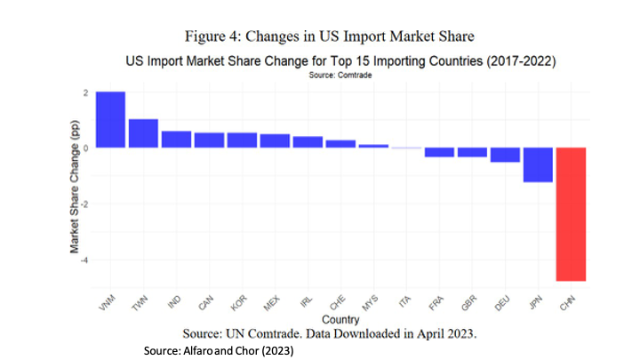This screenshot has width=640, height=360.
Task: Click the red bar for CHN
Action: (571, 213)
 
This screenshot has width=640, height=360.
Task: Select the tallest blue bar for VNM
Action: (110, 119)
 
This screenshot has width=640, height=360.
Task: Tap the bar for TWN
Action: (143, 133)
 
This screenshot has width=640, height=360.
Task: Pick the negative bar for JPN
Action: (538, 164)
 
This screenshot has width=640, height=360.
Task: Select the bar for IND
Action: (176, 139)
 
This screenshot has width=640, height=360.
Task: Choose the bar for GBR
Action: (472, 152)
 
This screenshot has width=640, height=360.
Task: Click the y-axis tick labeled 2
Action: (84, 92)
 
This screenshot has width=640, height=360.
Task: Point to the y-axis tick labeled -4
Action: (83, 260)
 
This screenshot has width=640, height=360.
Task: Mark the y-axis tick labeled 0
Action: (84, 148)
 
